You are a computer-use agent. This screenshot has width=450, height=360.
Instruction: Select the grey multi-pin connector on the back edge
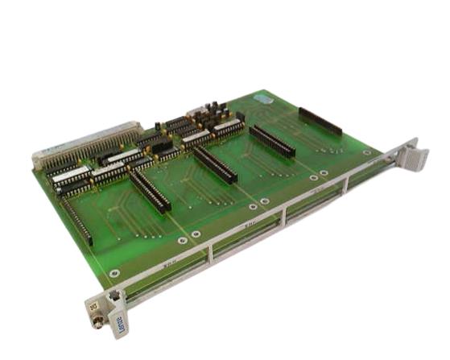(89, 144)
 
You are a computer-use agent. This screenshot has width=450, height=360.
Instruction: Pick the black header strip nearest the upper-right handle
(320, 120)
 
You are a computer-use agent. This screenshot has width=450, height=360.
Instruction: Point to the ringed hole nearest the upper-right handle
(367, 151)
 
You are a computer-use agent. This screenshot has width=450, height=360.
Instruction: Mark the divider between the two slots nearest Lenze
(207, 254)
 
